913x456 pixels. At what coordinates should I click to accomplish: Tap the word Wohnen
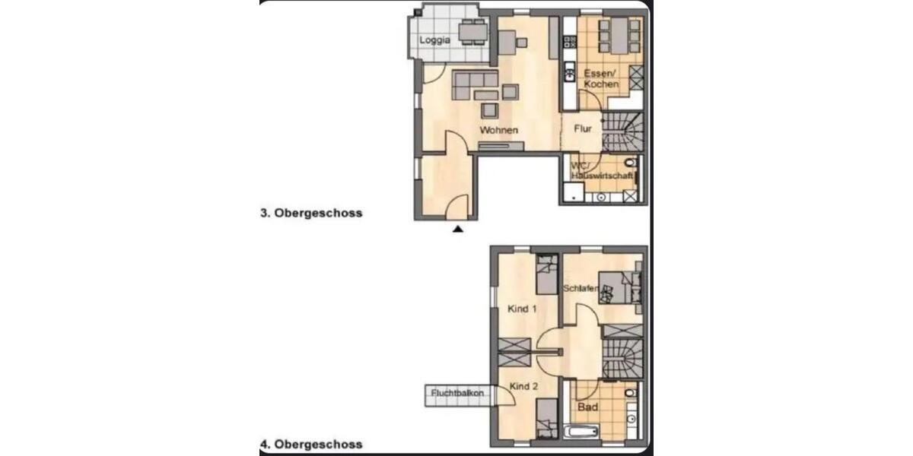click(499, 130)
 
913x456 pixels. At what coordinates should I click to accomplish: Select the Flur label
click(583, 128)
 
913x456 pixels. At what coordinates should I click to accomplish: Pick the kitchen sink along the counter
click(568, 74)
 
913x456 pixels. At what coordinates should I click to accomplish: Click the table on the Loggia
click(472, 33)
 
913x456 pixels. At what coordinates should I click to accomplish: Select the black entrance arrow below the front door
click(457, 227)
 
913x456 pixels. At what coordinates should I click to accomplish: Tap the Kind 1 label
click(522, 309)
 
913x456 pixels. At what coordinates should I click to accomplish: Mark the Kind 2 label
click(523, 386)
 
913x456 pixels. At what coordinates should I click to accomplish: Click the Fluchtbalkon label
click(457, 393)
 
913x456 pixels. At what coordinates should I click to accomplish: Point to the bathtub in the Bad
click(582, 434)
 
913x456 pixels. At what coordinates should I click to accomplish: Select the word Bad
click(587, 407)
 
